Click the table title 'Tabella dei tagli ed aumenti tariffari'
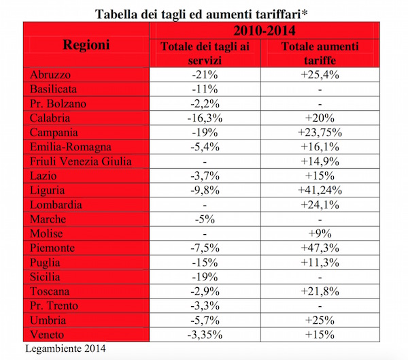pos(204,12)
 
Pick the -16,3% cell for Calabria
pos(205,118)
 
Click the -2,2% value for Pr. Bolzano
pos(205,103)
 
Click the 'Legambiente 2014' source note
pos(64,350)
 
